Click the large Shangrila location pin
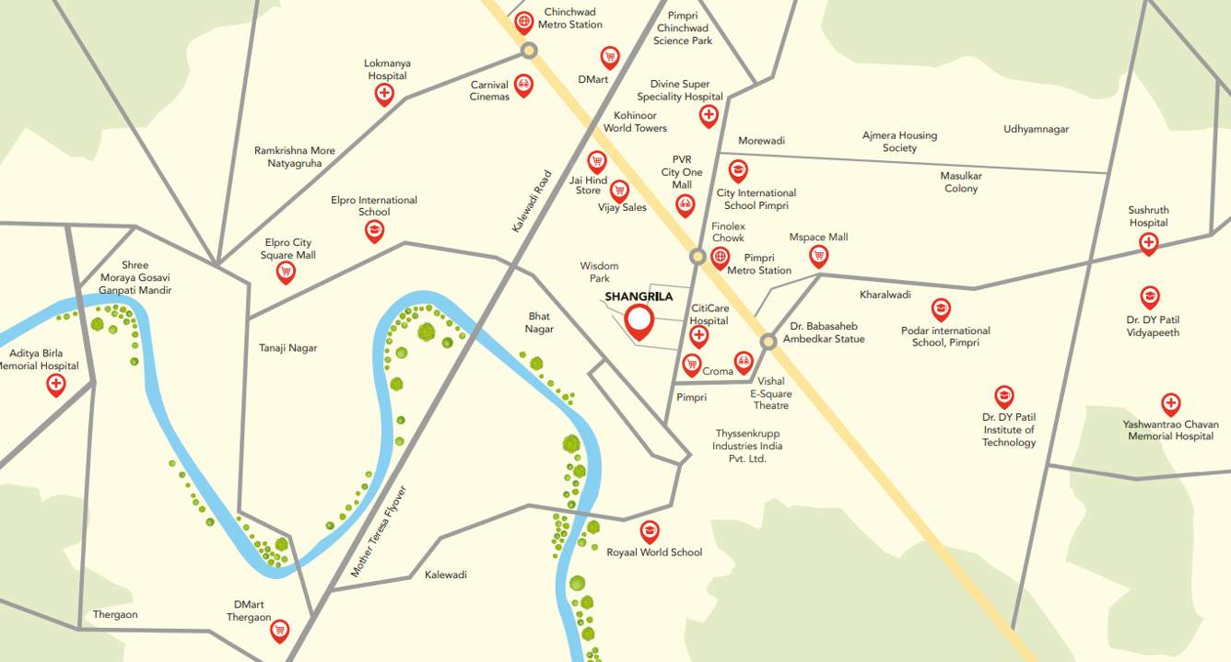click(x=639, y=321)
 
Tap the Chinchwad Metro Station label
click(x=570, y=18)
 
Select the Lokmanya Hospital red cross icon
click(x=384, y=93)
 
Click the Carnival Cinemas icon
click(x=523, y=86)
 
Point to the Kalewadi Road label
click(x=530, y=200)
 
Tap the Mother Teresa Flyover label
click(x=378, y=531)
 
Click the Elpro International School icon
click(x=374, y=230)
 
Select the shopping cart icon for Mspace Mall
click(x=818, y=255)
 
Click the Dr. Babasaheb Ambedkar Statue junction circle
click(x=768, y=342)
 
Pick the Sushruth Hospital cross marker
click(x=1148, y=243)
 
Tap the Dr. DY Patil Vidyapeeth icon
click(x=1150, y=296)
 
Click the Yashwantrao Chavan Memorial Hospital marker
click(x=1170, y=403)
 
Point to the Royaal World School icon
click(x=650, y=531)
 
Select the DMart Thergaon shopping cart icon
click(x=279, y=630)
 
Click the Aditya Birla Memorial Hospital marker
click(x=56, y=384)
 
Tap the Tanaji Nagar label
click(x=287, y=348)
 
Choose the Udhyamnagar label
click(x=1036, y=130)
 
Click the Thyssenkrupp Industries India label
click(x=747, y=446)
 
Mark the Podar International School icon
click(x=940, y=308)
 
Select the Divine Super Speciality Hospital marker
click(x=709, y=115)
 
